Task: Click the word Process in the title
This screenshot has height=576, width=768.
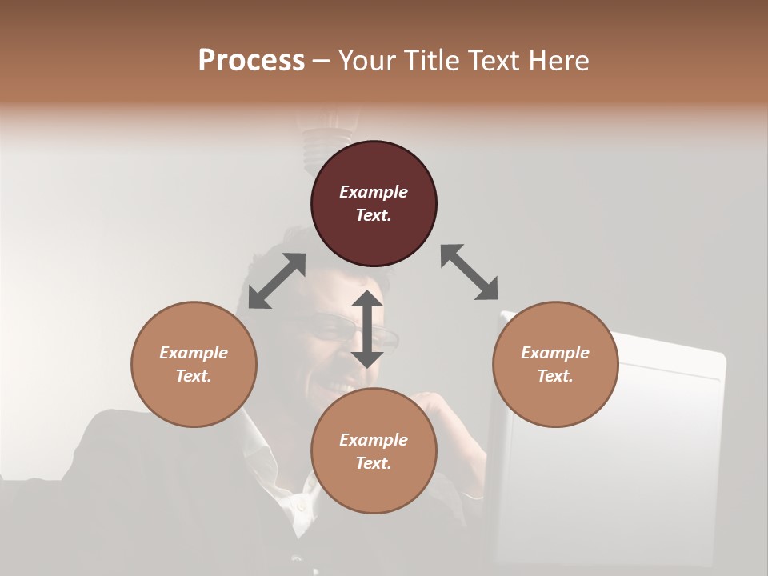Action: point(251,61)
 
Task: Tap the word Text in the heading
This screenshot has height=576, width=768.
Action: point(495,61)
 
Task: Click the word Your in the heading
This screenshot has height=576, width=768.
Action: point(367,61)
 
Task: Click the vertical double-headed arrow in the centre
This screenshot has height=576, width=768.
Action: point(367,329)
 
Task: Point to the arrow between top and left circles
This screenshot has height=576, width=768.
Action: point(277,281)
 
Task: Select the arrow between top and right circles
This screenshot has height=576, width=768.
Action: point(470,272)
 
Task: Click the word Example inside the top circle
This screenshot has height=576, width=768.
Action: point(374,192)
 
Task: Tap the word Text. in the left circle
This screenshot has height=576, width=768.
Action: point(194,376)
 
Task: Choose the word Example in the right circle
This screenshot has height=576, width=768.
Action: point(555,353)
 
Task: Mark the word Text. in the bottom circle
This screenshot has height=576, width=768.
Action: point(374,463)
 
